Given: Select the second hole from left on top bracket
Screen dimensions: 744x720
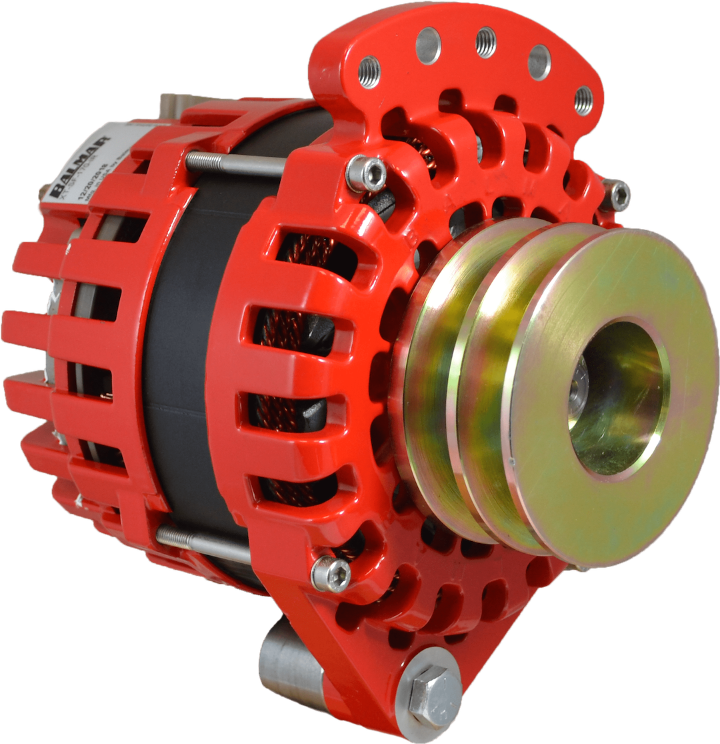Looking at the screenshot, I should coord(427,45).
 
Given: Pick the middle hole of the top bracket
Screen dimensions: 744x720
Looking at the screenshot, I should coord(485,42).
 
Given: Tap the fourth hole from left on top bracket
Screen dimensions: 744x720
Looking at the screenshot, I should coord(539,62).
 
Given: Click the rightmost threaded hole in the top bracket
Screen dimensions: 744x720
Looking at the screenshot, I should coord(583,99).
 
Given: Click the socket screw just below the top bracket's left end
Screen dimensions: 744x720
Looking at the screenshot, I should coord(366,174).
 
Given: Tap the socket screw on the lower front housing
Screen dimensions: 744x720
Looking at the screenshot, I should coord(331,573).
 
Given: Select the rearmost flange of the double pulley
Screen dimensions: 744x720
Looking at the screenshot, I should coord(427,374).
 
